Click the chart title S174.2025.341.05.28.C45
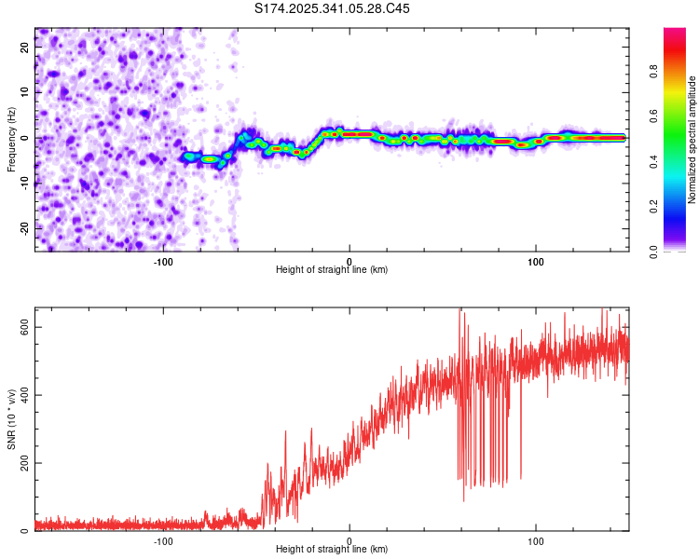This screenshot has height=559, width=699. (332, 8)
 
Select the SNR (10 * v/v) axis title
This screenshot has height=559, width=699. (11, 419)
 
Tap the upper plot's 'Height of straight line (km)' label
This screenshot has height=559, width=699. (332, 270)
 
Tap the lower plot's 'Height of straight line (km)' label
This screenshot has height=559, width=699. (332, 550)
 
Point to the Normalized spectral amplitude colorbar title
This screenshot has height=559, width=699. (692, 140)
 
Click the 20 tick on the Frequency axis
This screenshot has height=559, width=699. (25, 48)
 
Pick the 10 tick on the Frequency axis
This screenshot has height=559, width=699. (25, 93)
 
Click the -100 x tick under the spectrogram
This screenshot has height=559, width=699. (163, 260)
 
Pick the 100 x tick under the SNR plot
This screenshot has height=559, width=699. (536, 540)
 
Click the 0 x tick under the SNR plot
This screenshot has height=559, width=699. (349, 540)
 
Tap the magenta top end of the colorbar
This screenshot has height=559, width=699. (675, 33)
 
